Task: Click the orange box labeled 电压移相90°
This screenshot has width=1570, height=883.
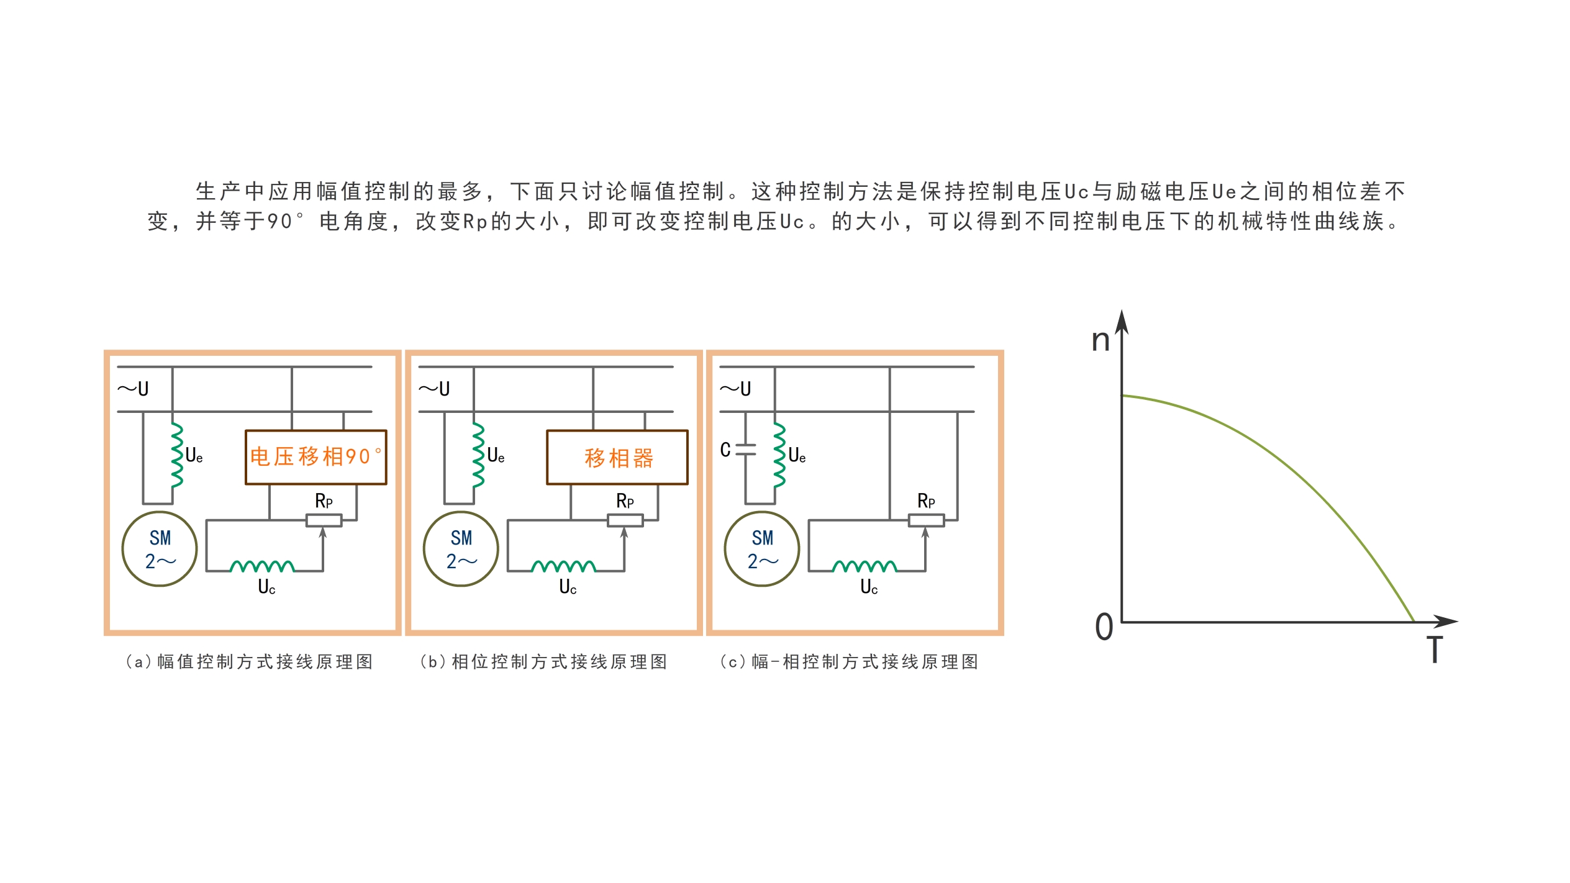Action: tap(315, 457)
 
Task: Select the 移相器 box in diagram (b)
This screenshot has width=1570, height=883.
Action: tap(617, 458)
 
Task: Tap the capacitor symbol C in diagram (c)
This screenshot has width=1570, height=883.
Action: tap(745, 450)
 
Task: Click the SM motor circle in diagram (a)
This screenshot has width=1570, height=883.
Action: tap(160, 549)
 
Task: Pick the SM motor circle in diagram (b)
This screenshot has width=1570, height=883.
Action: tap(461, 549)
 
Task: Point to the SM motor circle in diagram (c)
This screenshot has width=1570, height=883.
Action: tap(762, 549)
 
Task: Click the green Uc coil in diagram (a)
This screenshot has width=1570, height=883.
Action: tap(262, 566)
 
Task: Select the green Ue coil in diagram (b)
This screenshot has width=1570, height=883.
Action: tap(478, 455)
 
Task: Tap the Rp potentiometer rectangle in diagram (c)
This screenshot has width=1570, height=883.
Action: tap(926, 520)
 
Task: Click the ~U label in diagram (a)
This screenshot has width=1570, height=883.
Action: tap(134, 389)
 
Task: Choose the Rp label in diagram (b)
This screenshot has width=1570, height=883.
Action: tap(625, 500)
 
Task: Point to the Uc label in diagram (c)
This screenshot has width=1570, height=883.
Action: tap(869, 587)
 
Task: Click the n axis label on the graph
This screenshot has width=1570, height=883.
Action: tap(1100, 340)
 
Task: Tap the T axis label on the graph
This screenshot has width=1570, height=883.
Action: tap(1435, 650)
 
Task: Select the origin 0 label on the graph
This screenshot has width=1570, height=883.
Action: tap(1104, 627)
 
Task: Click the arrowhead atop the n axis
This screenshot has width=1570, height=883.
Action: tap(1122, 322)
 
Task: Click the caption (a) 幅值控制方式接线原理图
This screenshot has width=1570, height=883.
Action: tap(249, 662)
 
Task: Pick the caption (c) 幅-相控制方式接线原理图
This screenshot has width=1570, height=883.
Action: tap(849, 662)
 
